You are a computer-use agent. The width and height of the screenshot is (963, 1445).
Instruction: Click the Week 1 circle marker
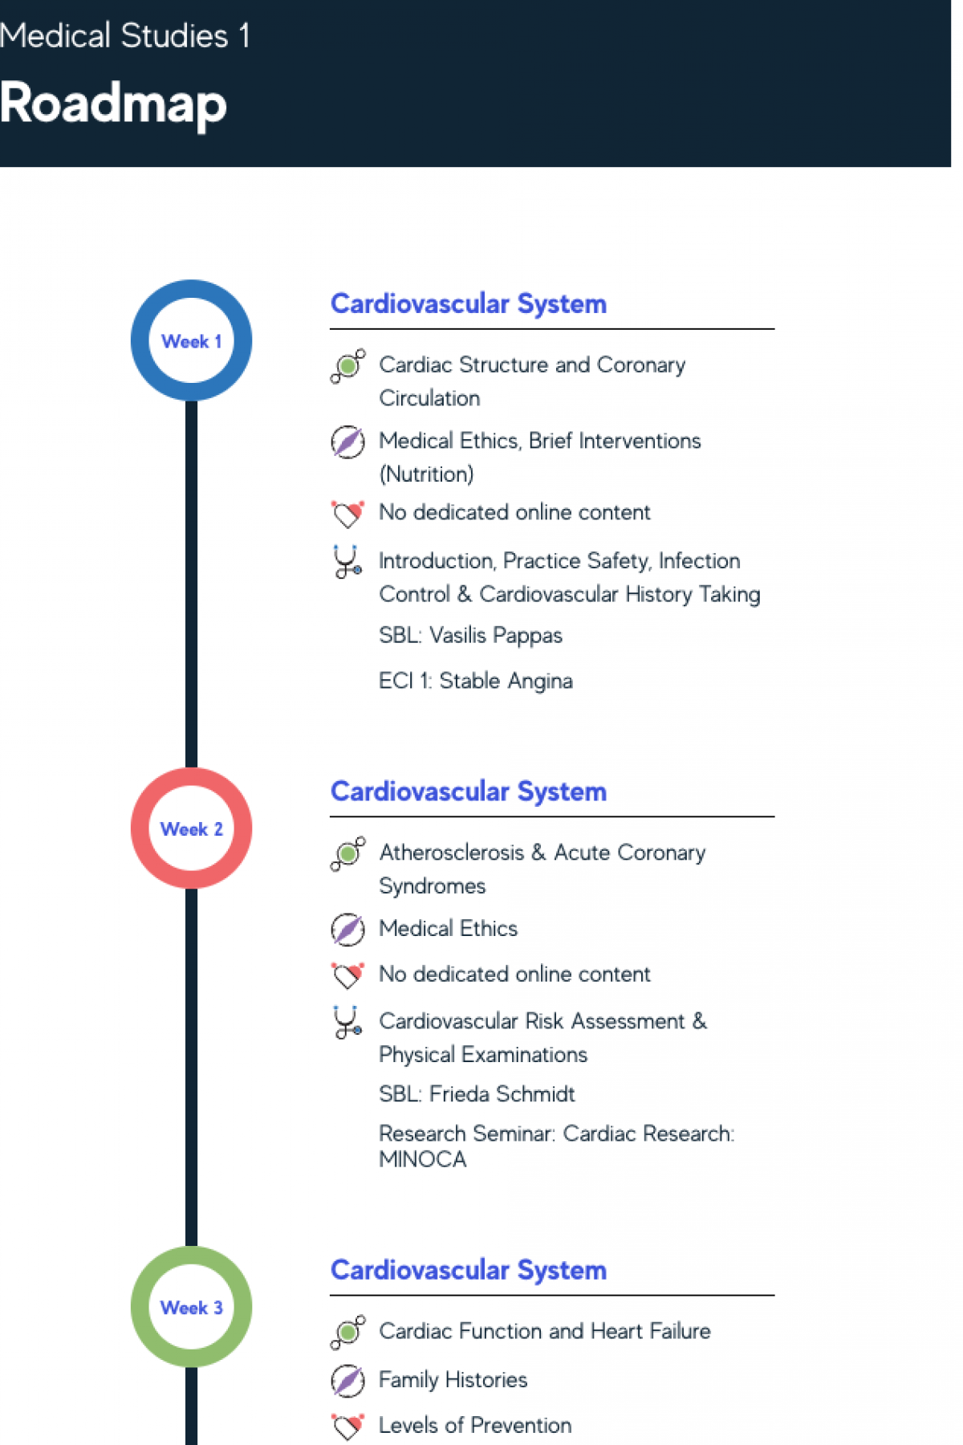pos(191,340)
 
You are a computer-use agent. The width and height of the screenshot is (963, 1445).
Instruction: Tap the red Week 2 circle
pos(191,828)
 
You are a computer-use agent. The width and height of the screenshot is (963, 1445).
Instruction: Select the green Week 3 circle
pos(191,1306)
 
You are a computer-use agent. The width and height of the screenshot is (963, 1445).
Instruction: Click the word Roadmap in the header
pos(113,104)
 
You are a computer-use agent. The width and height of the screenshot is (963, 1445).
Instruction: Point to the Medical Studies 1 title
pos(124,36)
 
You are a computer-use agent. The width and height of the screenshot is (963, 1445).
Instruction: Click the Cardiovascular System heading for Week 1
pos(468,304)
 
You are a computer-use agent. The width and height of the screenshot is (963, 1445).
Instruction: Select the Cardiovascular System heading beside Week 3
pos(468,1270)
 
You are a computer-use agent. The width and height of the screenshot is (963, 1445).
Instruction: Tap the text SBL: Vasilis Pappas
pos(470,635)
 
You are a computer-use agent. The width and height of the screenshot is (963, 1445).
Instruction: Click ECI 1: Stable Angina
pos(475,681)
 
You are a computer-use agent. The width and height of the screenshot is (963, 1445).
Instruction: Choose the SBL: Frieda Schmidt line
pos(477,1094)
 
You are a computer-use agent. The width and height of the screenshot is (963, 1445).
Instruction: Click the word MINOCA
pos(422,1159)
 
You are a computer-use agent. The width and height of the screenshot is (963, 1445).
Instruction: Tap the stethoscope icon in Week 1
pos(347,561)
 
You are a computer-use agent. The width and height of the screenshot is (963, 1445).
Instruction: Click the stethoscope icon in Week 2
pos(347,1022)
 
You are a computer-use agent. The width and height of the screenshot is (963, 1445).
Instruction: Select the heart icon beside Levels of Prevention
pos(347,1426)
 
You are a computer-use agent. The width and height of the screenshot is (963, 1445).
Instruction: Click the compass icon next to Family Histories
pos(347,1380)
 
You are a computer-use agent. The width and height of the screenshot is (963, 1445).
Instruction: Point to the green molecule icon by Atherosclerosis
pos(347,853)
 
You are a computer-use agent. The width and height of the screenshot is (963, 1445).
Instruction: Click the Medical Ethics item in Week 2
pos(448,929)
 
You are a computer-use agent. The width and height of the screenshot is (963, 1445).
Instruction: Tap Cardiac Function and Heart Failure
pos(544,1331)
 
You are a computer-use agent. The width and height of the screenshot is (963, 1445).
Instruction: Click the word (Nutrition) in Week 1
pos(426,474)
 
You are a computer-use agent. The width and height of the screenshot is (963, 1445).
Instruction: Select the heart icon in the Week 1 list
pos(347,513)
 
